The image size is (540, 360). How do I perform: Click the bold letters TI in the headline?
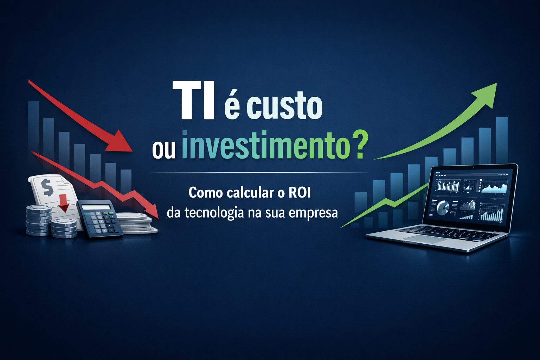[x=193, y=101]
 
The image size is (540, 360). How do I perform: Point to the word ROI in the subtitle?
[x=300, y=193]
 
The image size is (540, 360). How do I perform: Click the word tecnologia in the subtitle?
[x=214, y=213]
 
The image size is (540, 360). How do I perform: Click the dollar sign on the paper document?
[x=47, y=187]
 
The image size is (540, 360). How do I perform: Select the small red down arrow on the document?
[x=64, y=203]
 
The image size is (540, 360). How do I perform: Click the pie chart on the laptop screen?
[x=442, y=207]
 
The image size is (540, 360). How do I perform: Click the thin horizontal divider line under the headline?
[x=259, y=172]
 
